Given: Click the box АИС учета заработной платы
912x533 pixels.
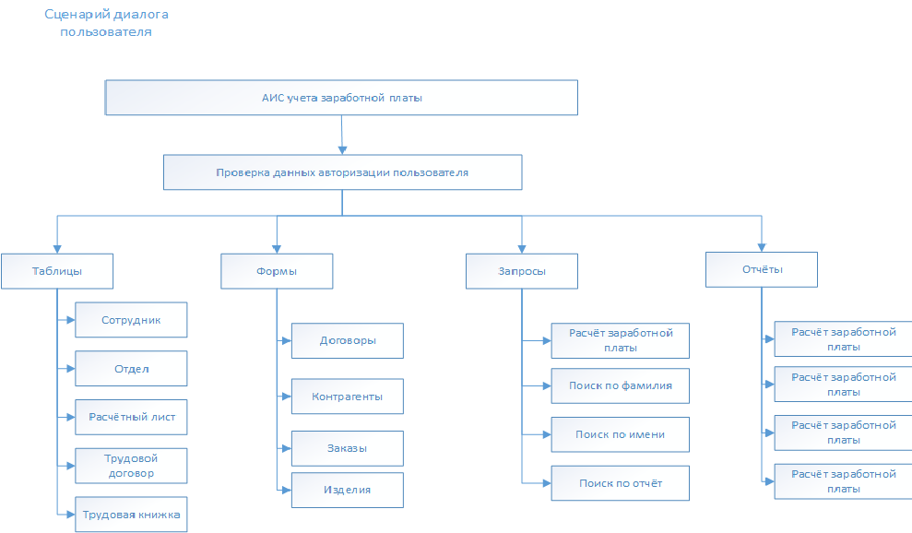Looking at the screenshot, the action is [341, 98].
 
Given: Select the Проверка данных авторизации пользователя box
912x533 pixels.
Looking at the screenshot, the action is [343, 172].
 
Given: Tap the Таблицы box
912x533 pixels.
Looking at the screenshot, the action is [57, 271].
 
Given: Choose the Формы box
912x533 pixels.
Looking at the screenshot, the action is [277, 271].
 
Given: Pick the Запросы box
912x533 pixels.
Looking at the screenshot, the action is [522, 271].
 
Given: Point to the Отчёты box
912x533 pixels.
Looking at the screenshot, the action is [762, 269].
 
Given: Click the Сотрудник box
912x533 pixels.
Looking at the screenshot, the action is [132, 319].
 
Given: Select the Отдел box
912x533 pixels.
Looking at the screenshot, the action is [132, 368].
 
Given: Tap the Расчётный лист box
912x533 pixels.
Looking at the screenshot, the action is [132, 417].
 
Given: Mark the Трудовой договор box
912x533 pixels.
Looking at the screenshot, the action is [132, 466].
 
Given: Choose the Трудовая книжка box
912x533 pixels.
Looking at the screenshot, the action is [132, 515].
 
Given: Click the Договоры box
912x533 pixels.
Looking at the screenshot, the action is [348, 340].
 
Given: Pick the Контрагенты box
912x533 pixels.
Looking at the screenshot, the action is [348, 397].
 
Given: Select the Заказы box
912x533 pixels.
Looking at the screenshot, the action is [348, 448].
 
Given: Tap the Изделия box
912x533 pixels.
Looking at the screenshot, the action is [348, 490].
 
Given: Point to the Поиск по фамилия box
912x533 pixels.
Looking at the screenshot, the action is [620, 385].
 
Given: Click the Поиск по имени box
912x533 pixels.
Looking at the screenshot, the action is [620, 434].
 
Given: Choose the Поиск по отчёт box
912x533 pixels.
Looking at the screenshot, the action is [620, 483].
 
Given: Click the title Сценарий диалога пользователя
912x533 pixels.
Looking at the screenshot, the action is [106, 23].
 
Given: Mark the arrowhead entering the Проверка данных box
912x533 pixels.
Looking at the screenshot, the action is [343, 150].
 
